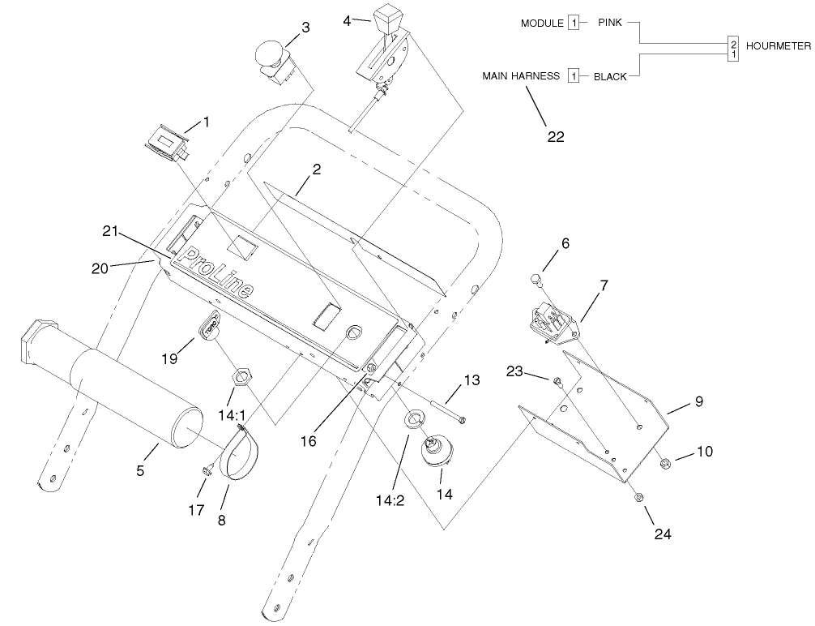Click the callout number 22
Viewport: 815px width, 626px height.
pyautogui.click(x=555, y=136)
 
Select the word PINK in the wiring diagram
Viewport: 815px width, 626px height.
pyautogui.click(x=609, y=23)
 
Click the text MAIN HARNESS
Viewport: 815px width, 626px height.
pyautogui.click(x=521, y=75)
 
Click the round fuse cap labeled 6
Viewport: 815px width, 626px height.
pyautogui.click(x=535, y=281)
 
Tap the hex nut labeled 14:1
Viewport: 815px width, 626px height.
pyautogui.click(x=240, y=376)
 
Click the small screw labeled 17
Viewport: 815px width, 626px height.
pyautogui.click(x=206, y=469)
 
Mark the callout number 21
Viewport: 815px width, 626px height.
pyautogui.click(x=111, y=232)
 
